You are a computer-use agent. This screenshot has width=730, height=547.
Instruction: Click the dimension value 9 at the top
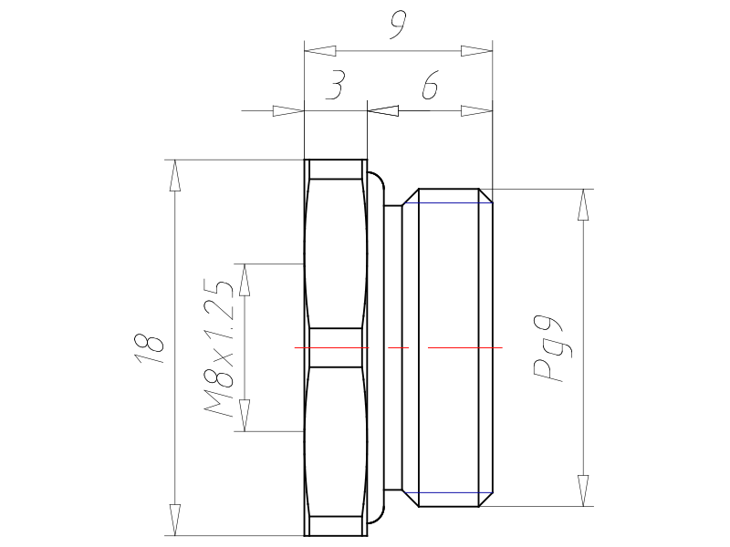pos(398,26)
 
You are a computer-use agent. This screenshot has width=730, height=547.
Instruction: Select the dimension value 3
pos(335,85)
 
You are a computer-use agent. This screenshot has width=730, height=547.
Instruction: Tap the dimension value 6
pos(430,86)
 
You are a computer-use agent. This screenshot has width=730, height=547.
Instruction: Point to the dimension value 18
pos(149,347)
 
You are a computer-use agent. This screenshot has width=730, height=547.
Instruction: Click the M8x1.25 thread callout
pos(218,348)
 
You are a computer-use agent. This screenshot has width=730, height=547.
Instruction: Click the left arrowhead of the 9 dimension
pos(320,51)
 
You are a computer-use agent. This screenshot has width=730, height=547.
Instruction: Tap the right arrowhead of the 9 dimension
pos(476,51)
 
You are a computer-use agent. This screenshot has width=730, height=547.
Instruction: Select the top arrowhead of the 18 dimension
pos(175,175)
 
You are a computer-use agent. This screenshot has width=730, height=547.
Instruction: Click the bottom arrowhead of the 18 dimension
pos(175,520)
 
